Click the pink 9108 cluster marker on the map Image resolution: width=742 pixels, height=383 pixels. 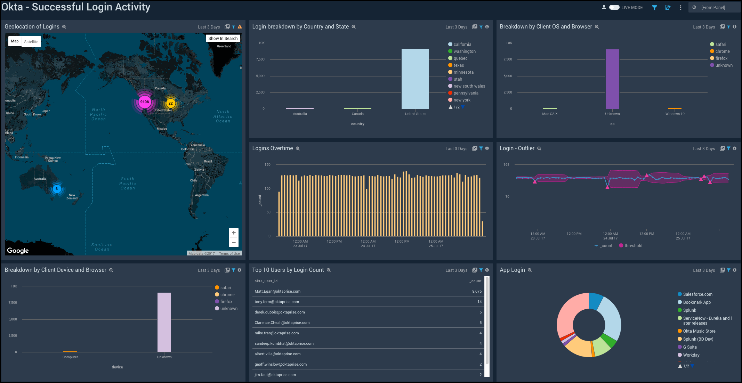coord(144,102)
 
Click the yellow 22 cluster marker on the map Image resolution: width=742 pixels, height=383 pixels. coord(170,103)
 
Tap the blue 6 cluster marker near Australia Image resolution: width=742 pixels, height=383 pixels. coord(57,189)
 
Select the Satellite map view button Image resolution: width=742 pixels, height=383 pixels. coord(31,42)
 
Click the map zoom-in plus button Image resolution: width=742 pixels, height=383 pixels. coord(234,233)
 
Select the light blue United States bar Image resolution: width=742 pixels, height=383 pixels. coord(415,78)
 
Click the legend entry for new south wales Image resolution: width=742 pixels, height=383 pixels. coord(469,86)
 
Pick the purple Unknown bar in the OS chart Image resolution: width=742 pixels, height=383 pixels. coord(612,79)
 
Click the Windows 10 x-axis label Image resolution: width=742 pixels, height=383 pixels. coord(675,114)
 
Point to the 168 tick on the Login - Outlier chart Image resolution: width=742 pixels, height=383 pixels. coord(506,165)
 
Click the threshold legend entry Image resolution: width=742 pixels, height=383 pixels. coord(633,246)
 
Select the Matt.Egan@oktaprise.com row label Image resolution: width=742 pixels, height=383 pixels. coord(277,292)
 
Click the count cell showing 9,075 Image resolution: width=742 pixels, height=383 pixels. coord(477,292)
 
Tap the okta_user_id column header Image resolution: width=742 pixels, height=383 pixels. coord(266,281)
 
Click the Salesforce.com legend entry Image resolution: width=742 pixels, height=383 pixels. coord(697,294)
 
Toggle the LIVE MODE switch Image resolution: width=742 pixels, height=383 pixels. coord(614,7)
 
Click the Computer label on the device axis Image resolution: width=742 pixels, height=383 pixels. coord(70,357)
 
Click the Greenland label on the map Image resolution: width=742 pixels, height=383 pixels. coord(224,46)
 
